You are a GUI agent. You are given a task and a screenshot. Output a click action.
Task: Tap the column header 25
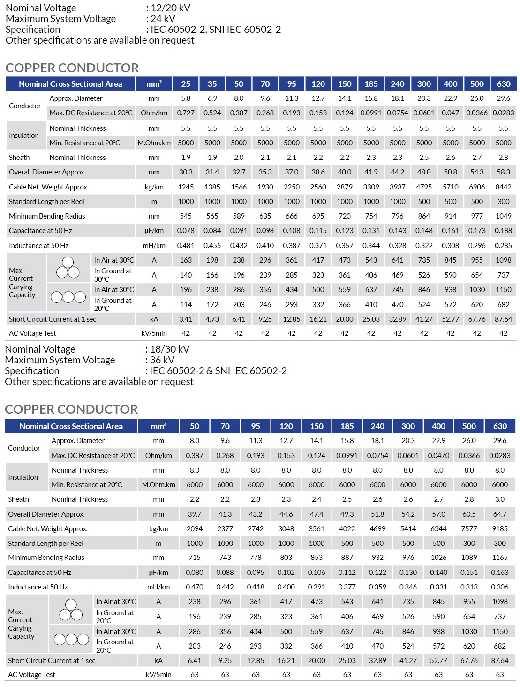click(186, 84)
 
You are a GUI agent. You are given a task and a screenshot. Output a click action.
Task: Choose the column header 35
click(212, 84)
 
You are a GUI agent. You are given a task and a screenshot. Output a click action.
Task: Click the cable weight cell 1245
click(186, 187)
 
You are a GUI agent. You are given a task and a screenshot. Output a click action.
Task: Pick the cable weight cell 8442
click(503, 187)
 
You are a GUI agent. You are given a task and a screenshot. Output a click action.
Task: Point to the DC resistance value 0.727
click(186, 113)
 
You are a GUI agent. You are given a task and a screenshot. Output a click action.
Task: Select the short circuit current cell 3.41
click(186, 319)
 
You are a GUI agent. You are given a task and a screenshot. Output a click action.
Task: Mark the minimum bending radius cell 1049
click(503, 216)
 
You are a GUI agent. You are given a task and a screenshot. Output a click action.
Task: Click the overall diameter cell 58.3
click(503, 172)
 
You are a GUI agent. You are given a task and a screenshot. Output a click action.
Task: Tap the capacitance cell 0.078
click(186, 231)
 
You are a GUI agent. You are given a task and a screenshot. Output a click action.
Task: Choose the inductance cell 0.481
click(186, 246)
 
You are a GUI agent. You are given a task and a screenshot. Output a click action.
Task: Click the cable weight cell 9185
click(500, 529)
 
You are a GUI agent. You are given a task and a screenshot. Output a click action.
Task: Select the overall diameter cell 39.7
click(195, 514)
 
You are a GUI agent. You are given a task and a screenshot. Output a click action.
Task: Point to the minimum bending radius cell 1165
click(500, 558)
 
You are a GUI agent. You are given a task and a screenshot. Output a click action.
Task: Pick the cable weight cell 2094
click(195, 529)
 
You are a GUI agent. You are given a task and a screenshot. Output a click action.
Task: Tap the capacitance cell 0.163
click(500, 573)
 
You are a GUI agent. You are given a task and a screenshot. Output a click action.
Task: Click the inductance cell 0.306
click(500, 587)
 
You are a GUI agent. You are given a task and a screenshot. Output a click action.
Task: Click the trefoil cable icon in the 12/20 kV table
click(68, 268)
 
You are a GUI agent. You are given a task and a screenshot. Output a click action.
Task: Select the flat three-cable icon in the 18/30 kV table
click(71, 639)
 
